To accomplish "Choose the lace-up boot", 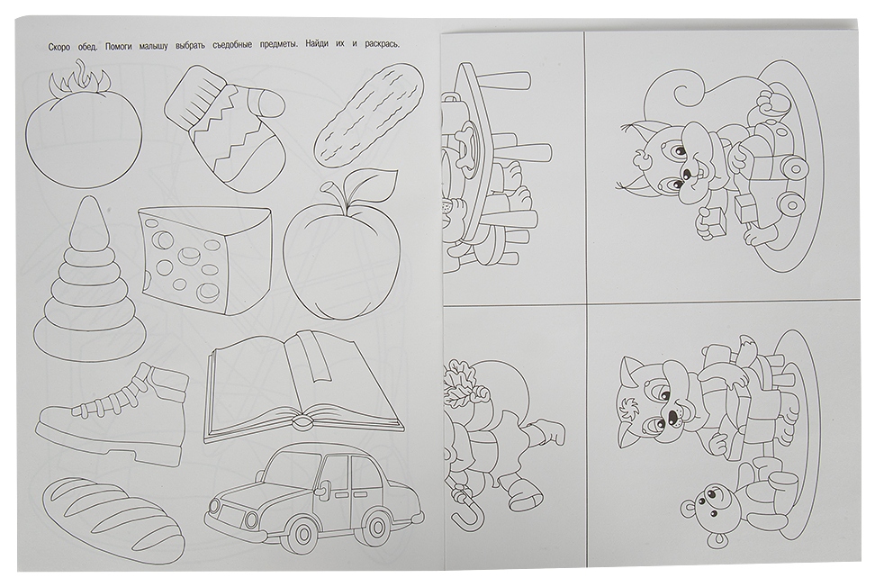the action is (113, 413).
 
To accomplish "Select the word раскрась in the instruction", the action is (383, 45).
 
